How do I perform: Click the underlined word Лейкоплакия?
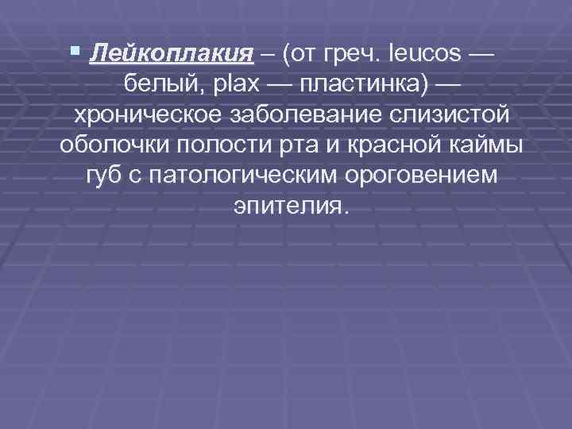pos(172,55)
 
